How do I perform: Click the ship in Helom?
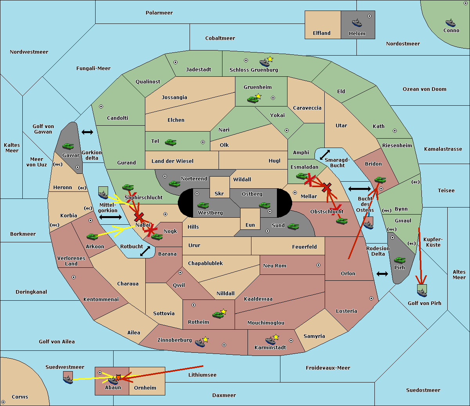click(x=357, y=23)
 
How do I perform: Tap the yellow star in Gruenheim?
click(x=258, y=96)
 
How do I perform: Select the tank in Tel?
click(x=170, y=142)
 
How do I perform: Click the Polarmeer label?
click(x=159, y=13)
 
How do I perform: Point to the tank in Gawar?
click(x=68, y=146)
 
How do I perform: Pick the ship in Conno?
click(x=450, y=23)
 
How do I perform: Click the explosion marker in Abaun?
click(x=118, y=377)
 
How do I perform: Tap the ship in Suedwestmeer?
click(x=68, y=379)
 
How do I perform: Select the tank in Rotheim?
click(x=218, y=315)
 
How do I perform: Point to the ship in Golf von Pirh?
click(x=422, y=293)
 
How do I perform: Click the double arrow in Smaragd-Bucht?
click(x=325, y=155)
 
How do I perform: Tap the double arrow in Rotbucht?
click(x=145, y=251)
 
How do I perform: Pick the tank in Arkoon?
click(x=92, y=236)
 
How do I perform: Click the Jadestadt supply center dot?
click(x=175, y=62)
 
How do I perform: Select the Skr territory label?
click(x=219, y=193)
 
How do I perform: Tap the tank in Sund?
click(x=293, y=226)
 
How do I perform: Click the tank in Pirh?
click(x=399, y=260)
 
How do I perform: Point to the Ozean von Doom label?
click(x=425, y=89)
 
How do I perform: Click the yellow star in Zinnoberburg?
click(x=205, y=339)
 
